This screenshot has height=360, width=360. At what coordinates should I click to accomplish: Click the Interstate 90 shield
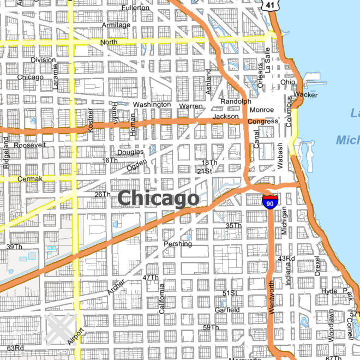[x=269, y=200]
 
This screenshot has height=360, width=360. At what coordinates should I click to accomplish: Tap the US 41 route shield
[x=270, y=5]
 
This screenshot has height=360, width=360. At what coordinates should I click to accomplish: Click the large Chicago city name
[x=158, y=198]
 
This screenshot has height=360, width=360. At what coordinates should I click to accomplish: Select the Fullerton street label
[x=135, y=8]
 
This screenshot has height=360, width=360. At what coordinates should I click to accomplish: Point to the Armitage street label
[x=116, y=25]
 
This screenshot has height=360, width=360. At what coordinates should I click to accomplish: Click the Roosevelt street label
[x=30, y=146]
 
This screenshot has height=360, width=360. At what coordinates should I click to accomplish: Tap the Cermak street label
[x=29, y=179]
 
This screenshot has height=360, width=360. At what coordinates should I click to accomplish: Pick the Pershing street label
[x=178, y=244]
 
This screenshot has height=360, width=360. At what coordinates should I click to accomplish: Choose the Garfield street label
[x=227, y=310]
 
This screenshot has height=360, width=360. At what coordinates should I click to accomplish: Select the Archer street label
[x=116, y=287]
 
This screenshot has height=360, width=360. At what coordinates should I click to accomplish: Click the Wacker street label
[x=305, y=94]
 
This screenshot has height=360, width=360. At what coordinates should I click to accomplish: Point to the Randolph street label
[x=236, y=101]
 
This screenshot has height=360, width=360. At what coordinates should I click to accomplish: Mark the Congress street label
[x=262, y=121]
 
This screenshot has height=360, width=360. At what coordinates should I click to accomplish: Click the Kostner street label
[x=91, y=120]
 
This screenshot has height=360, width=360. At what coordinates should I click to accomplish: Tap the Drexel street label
[x=317, y=266]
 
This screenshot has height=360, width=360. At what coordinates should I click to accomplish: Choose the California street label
[x=161, y=300]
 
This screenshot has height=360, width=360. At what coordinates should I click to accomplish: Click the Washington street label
[x=152, y=104]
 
